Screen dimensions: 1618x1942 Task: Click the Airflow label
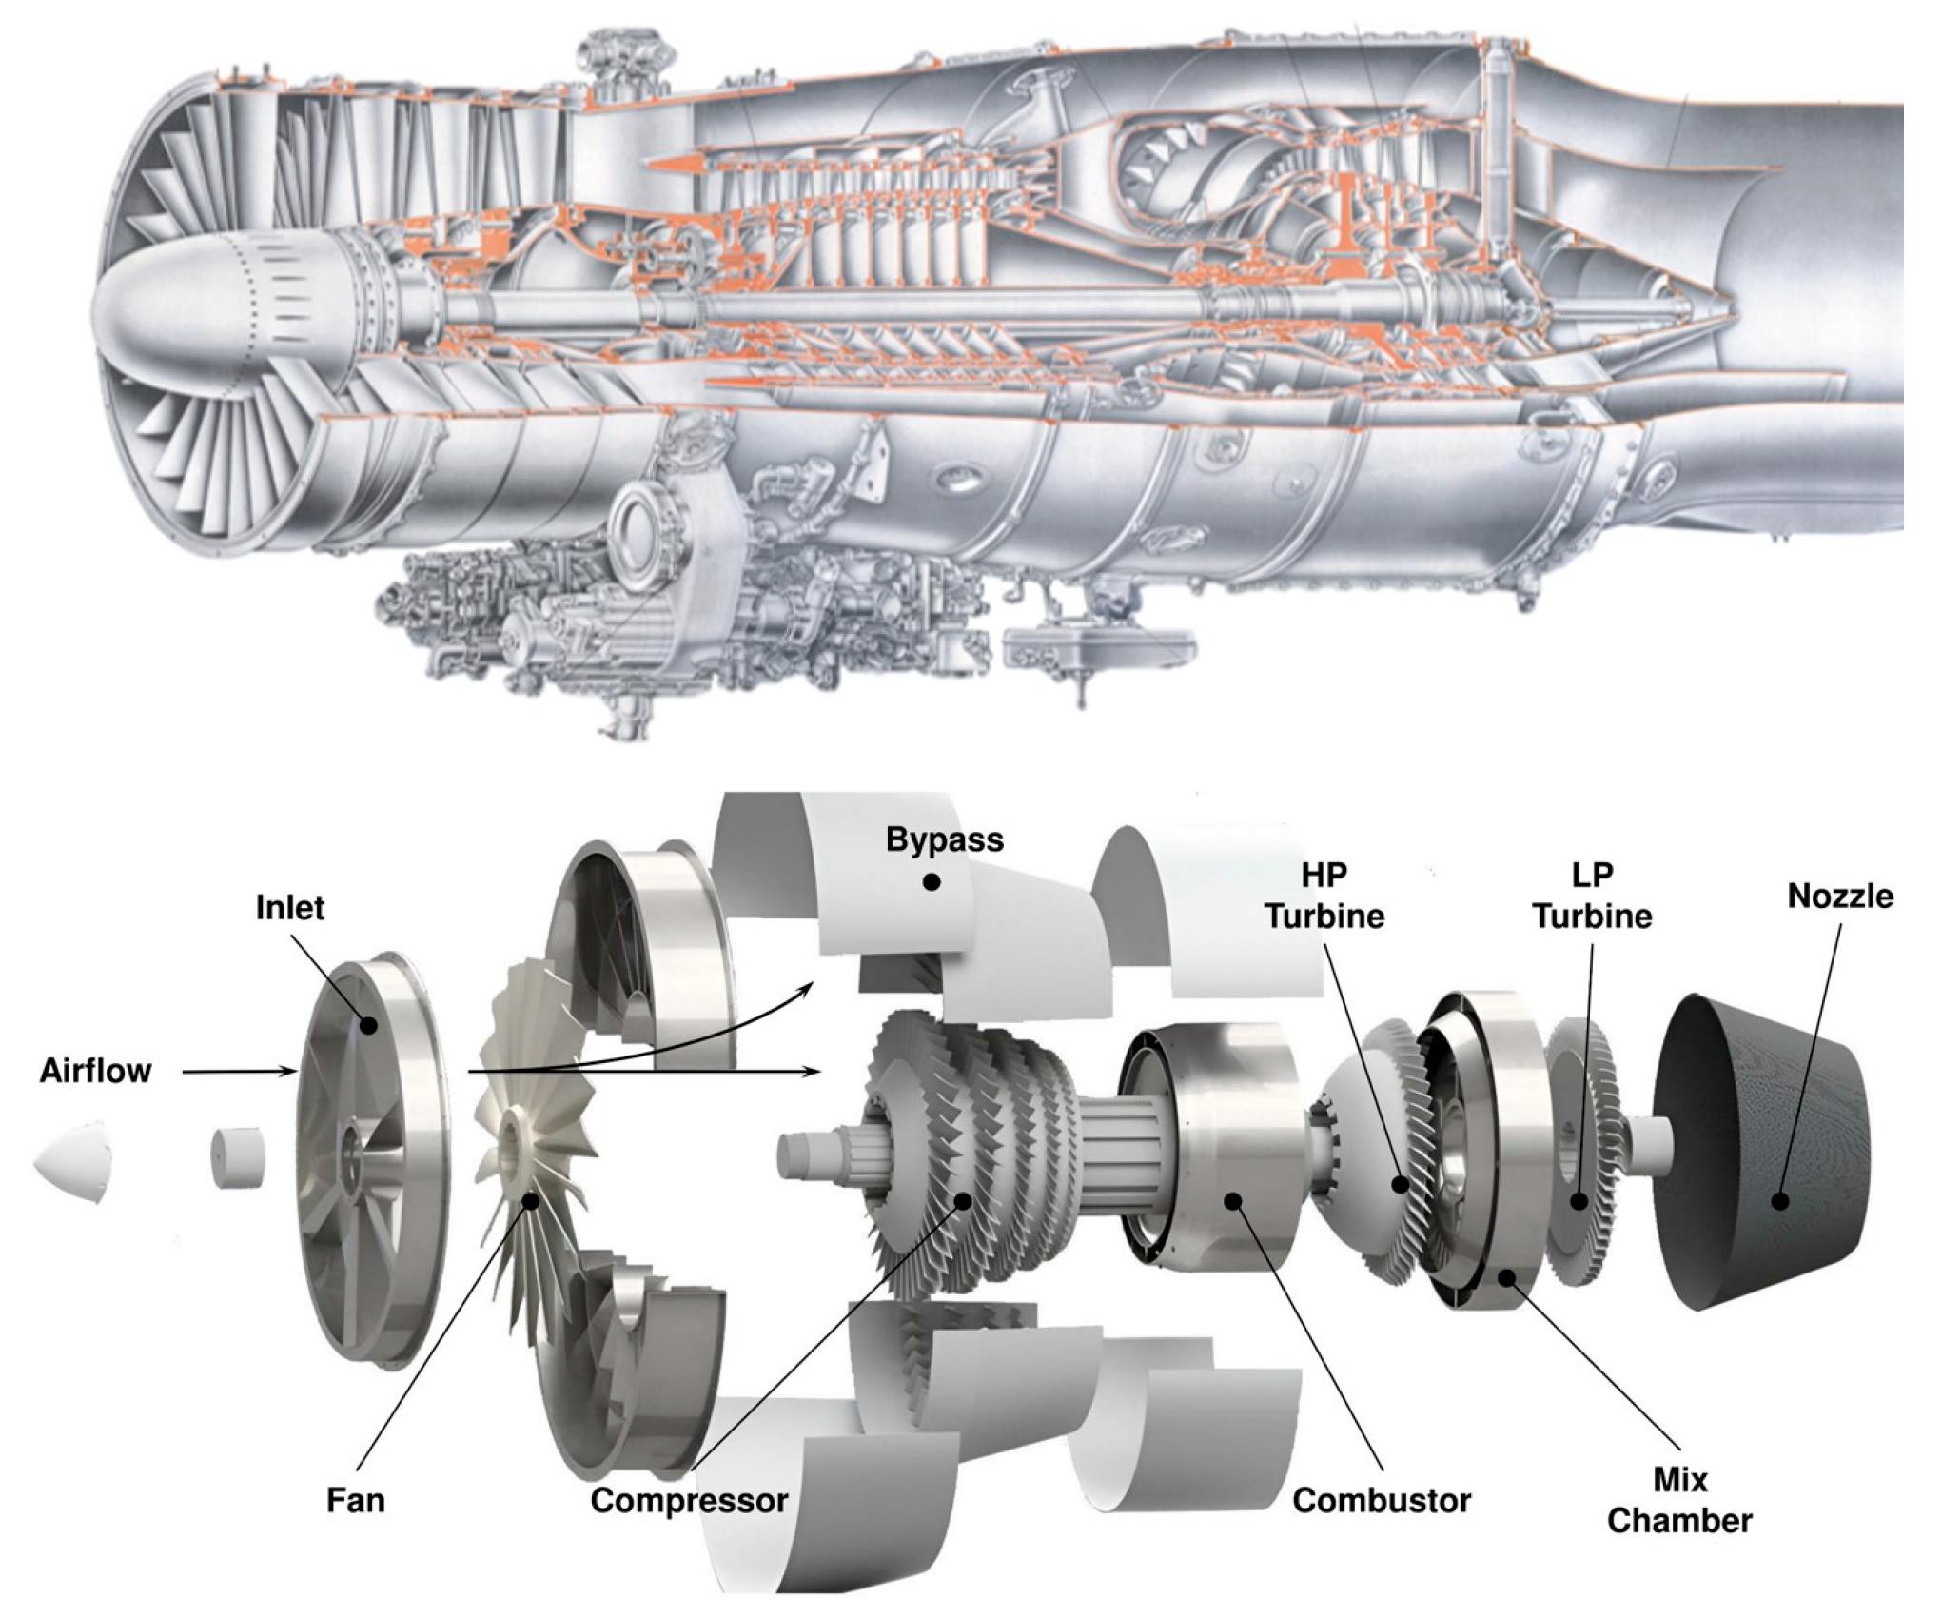[x=95, y=1071]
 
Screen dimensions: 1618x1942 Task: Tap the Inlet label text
[x=290, y=907]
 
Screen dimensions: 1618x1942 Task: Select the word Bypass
[x=944, y=839]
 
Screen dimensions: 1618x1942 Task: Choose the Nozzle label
[x=1839, y=896]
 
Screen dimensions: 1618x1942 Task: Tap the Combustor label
[x=1382, y=1501]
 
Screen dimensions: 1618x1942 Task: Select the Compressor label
[x=689, y=1501]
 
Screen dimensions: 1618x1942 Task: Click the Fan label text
[x=355, y=1501]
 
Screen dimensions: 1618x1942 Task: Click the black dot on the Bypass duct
[x=932, y=883]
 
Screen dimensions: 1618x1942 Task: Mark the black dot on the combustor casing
[x=1233, y=1201]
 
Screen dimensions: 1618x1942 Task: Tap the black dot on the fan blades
[x=531, y=1201]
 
